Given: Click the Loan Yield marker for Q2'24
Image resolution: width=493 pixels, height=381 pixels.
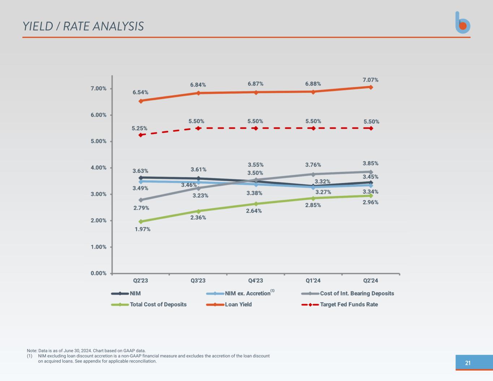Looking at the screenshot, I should [x=371, y=87].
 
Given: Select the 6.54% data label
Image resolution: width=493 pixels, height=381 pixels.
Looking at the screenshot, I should [x=140, y=92].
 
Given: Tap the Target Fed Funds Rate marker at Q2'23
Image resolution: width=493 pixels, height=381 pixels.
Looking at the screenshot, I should [x=140, y=135].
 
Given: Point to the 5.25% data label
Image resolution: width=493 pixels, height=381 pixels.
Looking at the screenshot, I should [x=139, y=128].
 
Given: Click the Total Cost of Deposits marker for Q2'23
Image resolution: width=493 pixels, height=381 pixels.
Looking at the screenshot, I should [x=140, y=222].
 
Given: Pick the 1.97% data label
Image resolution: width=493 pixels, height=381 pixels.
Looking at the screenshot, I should [x=142, y=229].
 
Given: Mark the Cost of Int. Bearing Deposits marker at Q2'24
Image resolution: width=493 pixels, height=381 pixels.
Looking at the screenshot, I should [x=371, y=172].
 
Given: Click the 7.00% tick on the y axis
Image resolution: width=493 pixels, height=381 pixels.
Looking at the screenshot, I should [x=99, y=88].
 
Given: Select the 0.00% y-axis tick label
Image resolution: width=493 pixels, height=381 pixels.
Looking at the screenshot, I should [x=99, y=273].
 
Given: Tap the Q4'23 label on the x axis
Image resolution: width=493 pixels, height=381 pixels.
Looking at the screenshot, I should [x=255, y=281].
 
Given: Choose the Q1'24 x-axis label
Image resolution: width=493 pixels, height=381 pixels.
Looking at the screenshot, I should [x=313, y=281].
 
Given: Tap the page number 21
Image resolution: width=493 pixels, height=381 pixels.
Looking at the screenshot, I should [x=468, y=363].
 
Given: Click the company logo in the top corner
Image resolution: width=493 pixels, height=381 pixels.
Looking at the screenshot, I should [x=463, y=23].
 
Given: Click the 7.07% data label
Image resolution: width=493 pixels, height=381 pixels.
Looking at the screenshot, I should [x=371, y=80].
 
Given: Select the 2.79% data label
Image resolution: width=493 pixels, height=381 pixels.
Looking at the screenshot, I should [x=141, y=208].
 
